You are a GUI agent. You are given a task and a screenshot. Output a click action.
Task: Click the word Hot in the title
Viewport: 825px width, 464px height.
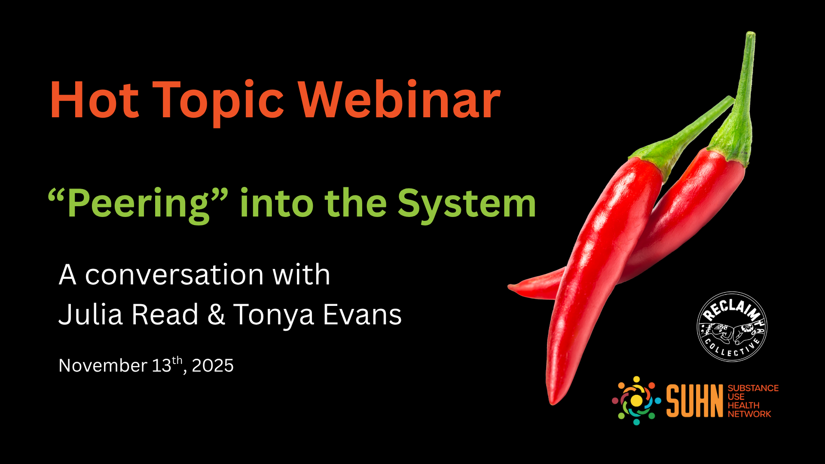pyautogui.click(x=95, y=100)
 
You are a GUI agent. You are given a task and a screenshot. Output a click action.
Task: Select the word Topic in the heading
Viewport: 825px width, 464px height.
pyautogui.click(x=218, y=103)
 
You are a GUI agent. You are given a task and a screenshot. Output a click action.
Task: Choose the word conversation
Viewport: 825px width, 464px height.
pyautogui.click(x=174, y=275)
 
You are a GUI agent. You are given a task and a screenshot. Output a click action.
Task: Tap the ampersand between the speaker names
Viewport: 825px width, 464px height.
pyautogui.click(x=216, y=314)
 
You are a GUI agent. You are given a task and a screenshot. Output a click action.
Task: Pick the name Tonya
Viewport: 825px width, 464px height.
pyautogui.click(x=274, y=316)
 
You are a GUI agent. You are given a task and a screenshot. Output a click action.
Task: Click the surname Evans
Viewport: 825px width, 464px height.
pyautogui.click(x=362, y=314)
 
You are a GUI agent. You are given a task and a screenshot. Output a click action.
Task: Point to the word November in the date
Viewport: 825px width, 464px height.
pyautogui.click(x=103, y=366)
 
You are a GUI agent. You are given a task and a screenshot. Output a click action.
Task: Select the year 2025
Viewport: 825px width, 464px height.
pyautogui.click(x=213, y=366)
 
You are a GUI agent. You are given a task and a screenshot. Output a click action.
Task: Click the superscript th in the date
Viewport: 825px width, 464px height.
pyautogui.click(x=177, y=360)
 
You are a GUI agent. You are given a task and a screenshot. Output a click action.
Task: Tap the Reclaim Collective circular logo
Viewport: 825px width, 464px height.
pyautogui.click(x=732, y=327)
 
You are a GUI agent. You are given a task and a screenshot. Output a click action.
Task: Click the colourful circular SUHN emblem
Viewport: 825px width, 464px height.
pyautogui.click(x=636, y=400)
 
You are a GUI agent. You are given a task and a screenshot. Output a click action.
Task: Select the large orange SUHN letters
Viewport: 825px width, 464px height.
pyautogui.click(x=695, y=401)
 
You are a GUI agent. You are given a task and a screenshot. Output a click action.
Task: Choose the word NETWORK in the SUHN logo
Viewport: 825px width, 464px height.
pyautogui.click(x=749, y=414)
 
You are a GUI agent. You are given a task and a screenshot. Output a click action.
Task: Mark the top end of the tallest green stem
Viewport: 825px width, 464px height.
pyautogui.click(x=751, y=33)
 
